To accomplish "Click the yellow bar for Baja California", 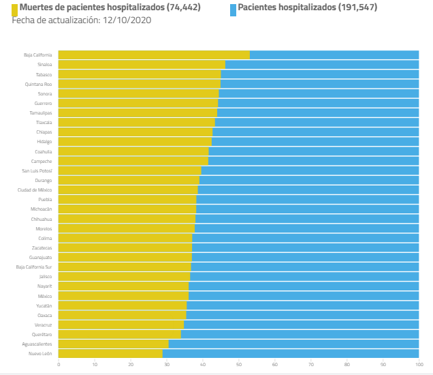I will coord(154,55).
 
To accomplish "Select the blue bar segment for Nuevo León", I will coord(291,354).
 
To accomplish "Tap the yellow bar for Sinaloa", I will coord(142,65).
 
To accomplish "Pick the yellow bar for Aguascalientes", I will coord(113,344).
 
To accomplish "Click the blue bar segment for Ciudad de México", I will coord(308,190).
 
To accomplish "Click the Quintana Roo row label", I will coord(38,84).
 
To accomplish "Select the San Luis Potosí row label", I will coord(37,170).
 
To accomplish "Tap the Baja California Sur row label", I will coord(34,267).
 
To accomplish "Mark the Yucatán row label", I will coord(43,305).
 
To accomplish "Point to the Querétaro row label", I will coord(42,335).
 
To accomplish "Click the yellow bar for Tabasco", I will coord(140,74).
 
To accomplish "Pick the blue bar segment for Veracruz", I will coord(301,325).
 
